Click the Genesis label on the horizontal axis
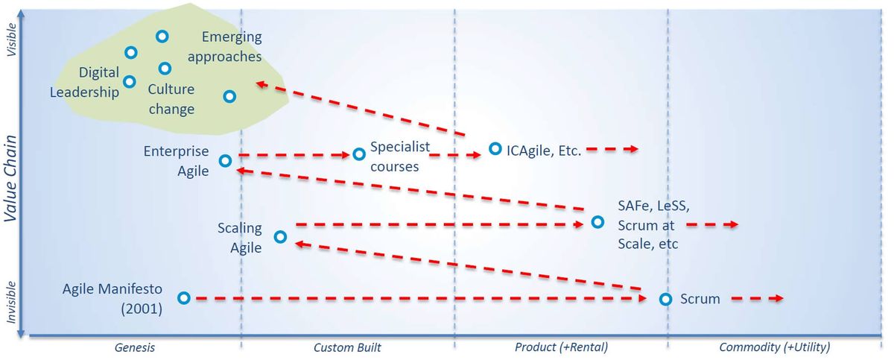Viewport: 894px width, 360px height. (x=135, y=347)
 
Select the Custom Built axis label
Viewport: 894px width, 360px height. (x=347, y=347)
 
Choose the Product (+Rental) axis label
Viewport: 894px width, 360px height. (x=561, y=347)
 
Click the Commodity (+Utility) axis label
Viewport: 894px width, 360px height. (x=775, y=347)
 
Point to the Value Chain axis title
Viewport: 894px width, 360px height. (x=10, y=178)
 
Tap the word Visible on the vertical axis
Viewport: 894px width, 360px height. (x=12, y=40)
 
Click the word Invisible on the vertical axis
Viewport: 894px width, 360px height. (x=10, y=302)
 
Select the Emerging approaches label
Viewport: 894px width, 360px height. (x=225, y=47)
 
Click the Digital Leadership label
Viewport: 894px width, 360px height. (x=84, y=82)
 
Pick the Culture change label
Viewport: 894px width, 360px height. (x=171, y=99)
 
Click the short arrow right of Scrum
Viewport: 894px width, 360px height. (x=757, y=299)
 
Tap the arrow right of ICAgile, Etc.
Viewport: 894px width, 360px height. (x=612, y=149)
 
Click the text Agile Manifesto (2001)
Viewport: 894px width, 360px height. (x=112, y=299)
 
